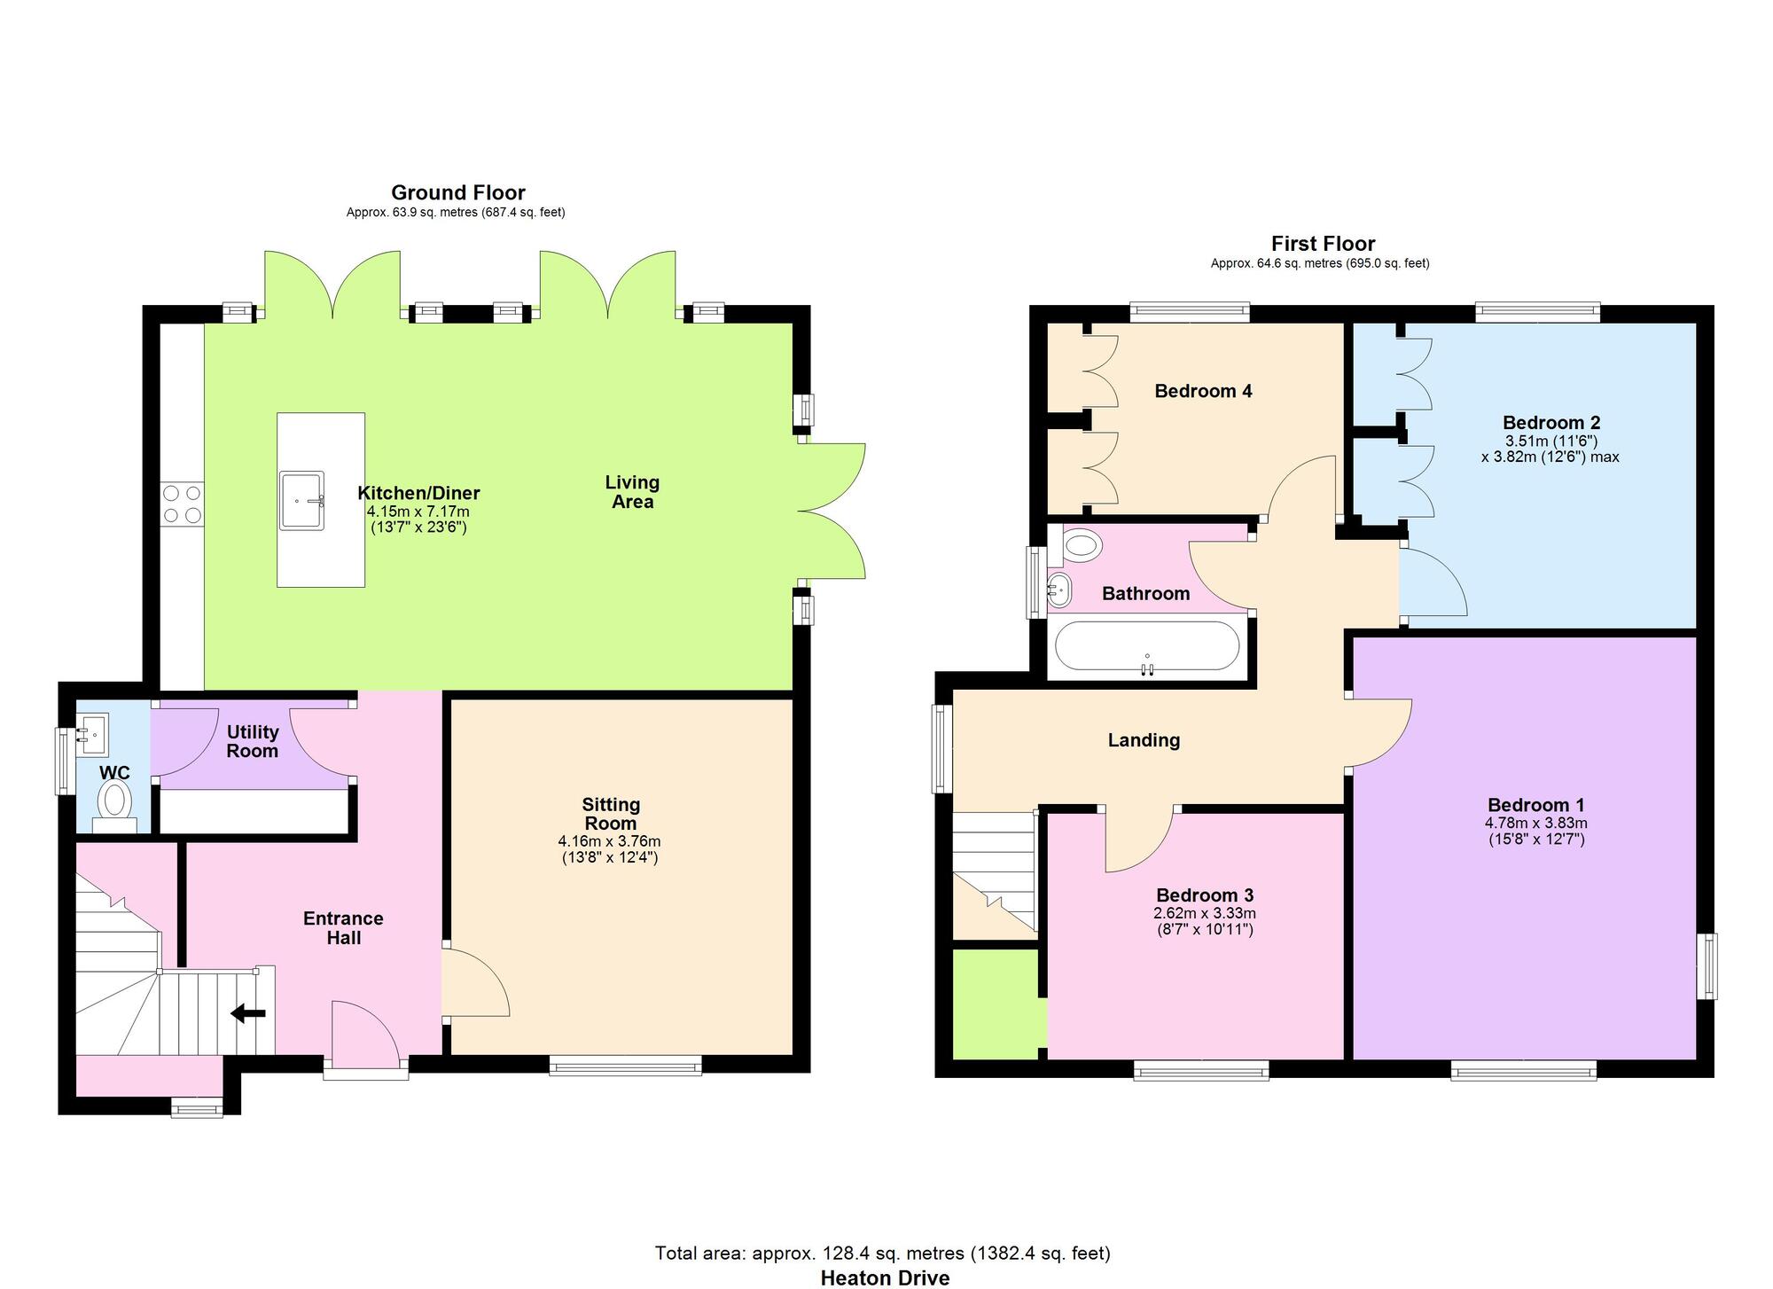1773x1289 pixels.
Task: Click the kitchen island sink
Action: (x=301, y=501)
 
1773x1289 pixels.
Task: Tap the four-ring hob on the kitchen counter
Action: (x=183, y=504)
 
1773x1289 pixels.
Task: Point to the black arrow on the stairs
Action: (x=248, y=1013)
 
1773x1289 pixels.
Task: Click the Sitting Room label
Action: (x=611, y=814)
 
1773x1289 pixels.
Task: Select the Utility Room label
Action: (x=253, y=741)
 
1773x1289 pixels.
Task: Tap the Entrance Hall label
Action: (x=343, y=928)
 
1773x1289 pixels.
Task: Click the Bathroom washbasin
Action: (x=1059, y=589)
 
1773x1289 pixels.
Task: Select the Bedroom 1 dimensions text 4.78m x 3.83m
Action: (x=1536, y=823)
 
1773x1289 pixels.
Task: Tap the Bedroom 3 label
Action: (x=1204, y=894)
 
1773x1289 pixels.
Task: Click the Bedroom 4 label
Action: (x=1203, y=391)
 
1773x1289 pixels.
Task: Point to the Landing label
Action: (x=1144, y=740)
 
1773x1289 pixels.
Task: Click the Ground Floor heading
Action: (x=457, y=192)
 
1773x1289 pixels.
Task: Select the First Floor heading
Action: (x=1323, y=244)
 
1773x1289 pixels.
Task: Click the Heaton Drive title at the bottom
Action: (x=884, y=1277)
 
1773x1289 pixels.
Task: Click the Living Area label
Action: (x=632, y=492)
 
